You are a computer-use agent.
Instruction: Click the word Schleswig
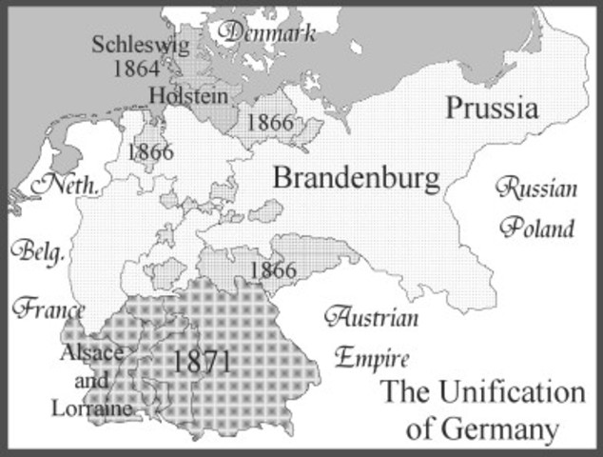coord(134,44)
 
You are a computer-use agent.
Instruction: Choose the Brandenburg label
coord(357,177)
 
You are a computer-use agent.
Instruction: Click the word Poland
coord(539,228)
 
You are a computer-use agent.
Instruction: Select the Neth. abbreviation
coord(66,185)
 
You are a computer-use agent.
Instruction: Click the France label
coord(48,308)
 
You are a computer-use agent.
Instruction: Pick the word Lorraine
coord(93,408)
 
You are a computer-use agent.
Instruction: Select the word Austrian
coord(370,318)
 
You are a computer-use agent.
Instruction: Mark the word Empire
coord(371,359)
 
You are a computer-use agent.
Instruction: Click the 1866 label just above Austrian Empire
coord(272,269)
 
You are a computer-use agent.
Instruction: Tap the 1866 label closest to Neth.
coord(149,152)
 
